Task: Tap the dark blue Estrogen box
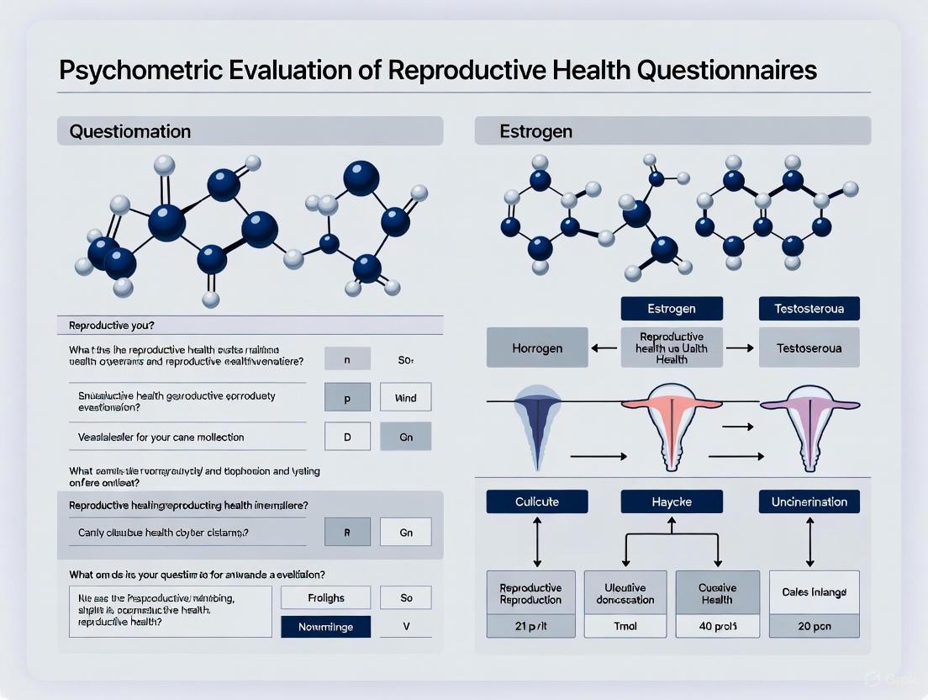coord(671,308)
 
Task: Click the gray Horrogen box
coord(537,347)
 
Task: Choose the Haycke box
coord(671,501)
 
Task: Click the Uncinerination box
coord(809,501)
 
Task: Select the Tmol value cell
coord(625,625)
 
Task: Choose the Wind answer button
coord(405,398)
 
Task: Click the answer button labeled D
coord(347,437)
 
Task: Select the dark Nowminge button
coord(325,627)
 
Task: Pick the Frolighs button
coord(325,598)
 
